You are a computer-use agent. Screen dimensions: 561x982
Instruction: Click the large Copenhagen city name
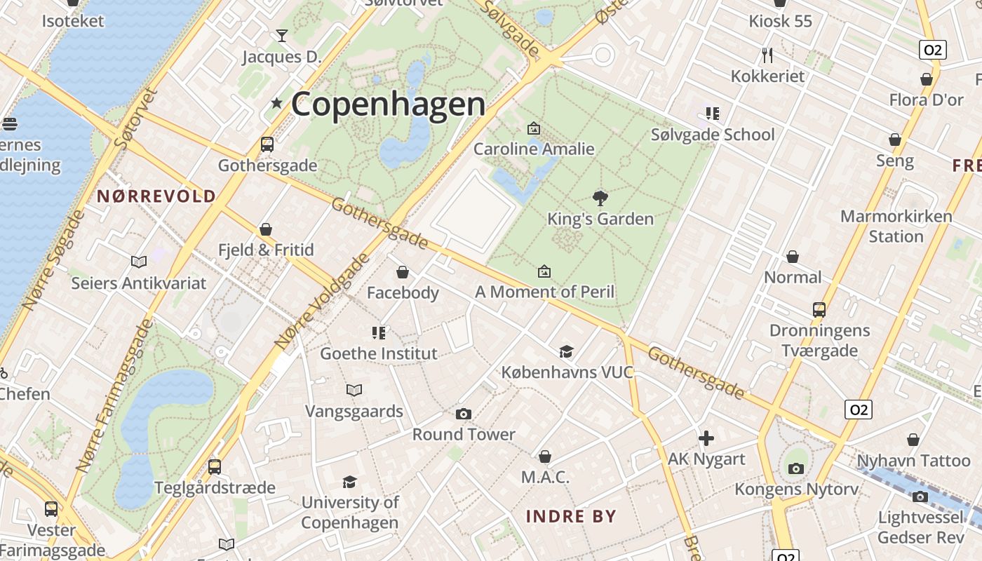[388, 104]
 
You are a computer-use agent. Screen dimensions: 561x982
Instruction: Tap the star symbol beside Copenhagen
[276, 103]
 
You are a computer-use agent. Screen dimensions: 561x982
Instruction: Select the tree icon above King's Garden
[600, 198]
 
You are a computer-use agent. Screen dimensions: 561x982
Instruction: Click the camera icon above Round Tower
[463, 414]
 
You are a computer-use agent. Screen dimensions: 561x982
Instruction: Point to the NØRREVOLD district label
[156, 196]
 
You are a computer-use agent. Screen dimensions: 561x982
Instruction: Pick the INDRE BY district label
[571, 517]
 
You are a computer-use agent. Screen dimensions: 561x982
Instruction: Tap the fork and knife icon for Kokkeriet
[767, 55]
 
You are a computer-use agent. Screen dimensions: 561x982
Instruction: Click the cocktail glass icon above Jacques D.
[282, 35]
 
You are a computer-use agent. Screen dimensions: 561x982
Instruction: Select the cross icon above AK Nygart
[706, 439]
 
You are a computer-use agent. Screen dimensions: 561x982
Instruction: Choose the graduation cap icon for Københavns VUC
[566, 351]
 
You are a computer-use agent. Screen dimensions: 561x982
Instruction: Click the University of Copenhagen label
[350, 513]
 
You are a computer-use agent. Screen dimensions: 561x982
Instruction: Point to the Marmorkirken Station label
[896, 226]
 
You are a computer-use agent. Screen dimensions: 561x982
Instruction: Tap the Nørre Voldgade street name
[322, 302]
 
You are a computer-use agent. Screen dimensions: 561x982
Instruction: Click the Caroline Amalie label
[534, 149]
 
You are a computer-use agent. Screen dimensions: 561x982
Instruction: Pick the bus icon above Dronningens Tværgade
[819, 309]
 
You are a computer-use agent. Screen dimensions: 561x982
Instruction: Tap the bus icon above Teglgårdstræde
[215, 466]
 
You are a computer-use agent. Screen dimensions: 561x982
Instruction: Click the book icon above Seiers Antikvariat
[139, 262]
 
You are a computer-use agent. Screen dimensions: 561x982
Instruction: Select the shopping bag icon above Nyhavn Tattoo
[913, 440]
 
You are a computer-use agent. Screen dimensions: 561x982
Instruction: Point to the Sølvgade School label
[713, 135]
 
